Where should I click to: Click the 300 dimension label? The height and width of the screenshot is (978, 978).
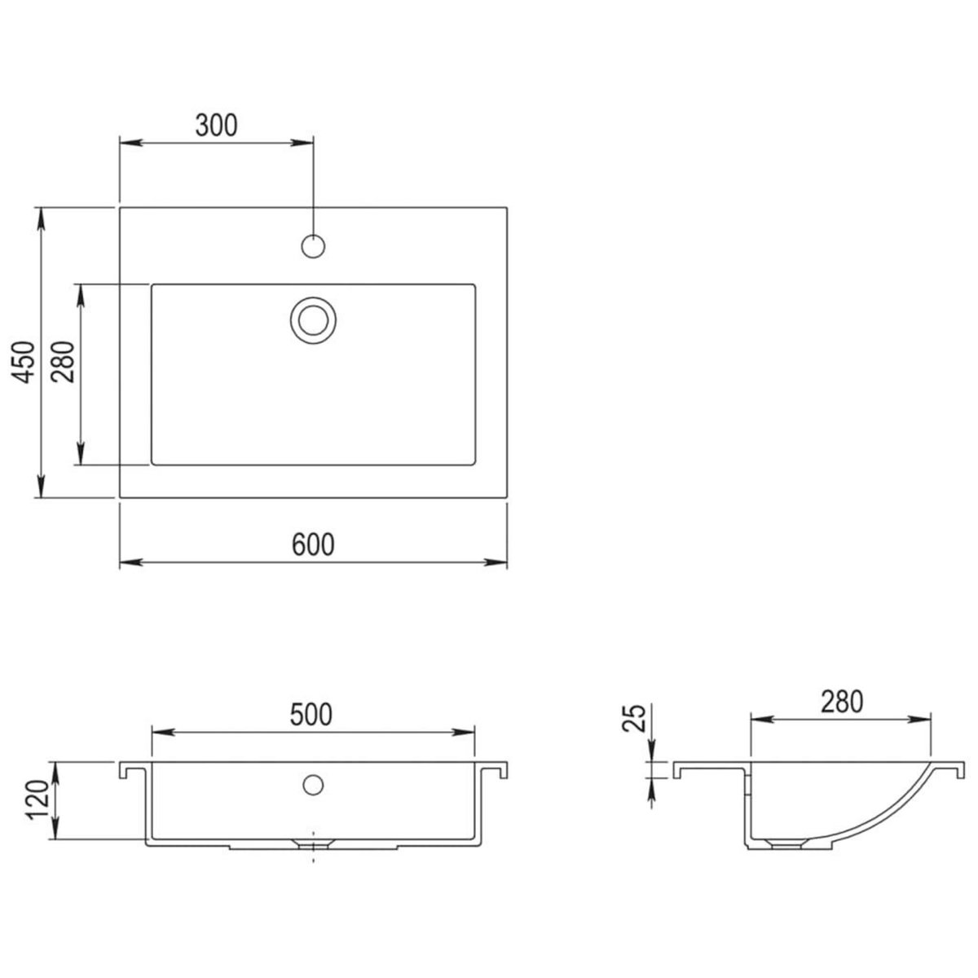point(216,125)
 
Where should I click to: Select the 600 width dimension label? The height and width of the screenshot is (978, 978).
point(313,544)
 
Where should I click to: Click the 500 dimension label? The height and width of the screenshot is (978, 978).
point(311,715)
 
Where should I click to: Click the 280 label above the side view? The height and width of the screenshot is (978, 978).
point(841,702)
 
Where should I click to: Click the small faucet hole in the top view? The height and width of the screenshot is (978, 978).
point(313,245)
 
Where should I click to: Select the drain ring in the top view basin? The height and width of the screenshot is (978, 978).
point(313,318)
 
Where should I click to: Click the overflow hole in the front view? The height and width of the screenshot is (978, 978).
point(311,784)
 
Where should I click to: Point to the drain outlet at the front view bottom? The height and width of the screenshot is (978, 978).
point(313,842)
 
